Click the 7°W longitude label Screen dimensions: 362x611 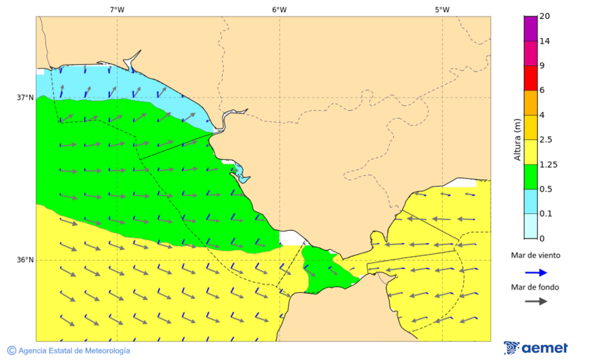tap(117, 10)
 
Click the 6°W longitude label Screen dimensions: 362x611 tap(279, 10)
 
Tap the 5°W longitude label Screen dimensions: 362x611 tap(442, 10)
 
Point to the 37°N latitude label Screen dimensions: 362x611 tap(25, 97)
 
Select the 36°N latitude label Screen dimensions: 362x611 tap(25, 259)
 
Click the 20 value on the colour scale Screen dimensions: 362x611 tap(544, 16)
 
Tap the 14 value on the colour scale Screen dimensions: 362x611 tap(544, 41)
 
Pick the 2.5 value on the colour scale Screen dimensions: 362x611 tap(545, 139)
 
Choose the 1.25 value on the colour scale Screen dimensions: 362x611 tap(547, 164)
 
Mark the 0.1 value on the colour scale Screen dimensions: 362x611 tap(545, 213)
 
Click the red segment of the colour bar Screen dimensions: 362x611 tap(530, 77)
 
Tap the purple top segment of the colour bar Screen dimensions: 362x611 tap(530, 28)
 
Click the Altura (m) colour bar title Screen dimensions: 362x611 tap(517, 139)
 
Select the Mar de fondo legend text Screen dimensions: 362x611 tap(536, 287)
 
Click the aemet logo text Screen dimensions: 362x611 tap(544, 348)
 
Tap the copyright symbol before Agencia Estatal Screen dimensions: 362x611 tap(12, 350)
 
